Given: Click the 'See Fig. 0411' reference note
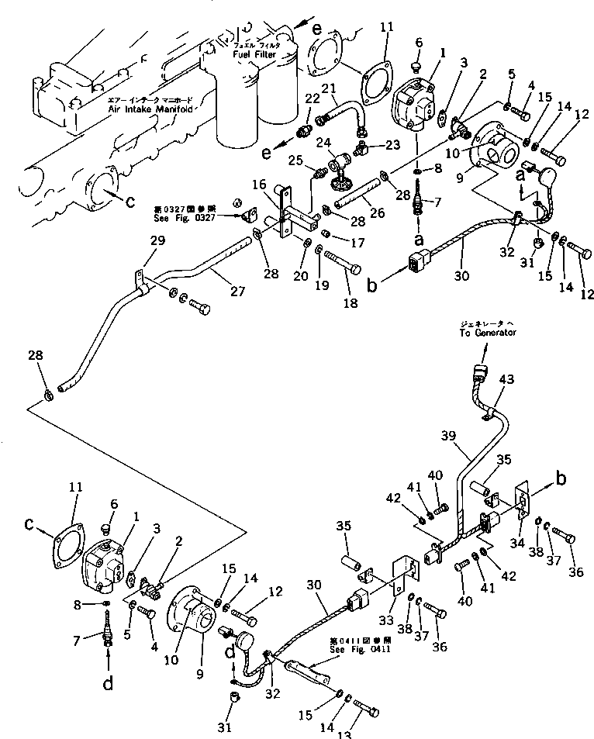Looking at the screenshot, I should point(360,649).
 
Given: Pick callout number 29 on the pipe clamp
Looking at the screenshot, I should point(158,243).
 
